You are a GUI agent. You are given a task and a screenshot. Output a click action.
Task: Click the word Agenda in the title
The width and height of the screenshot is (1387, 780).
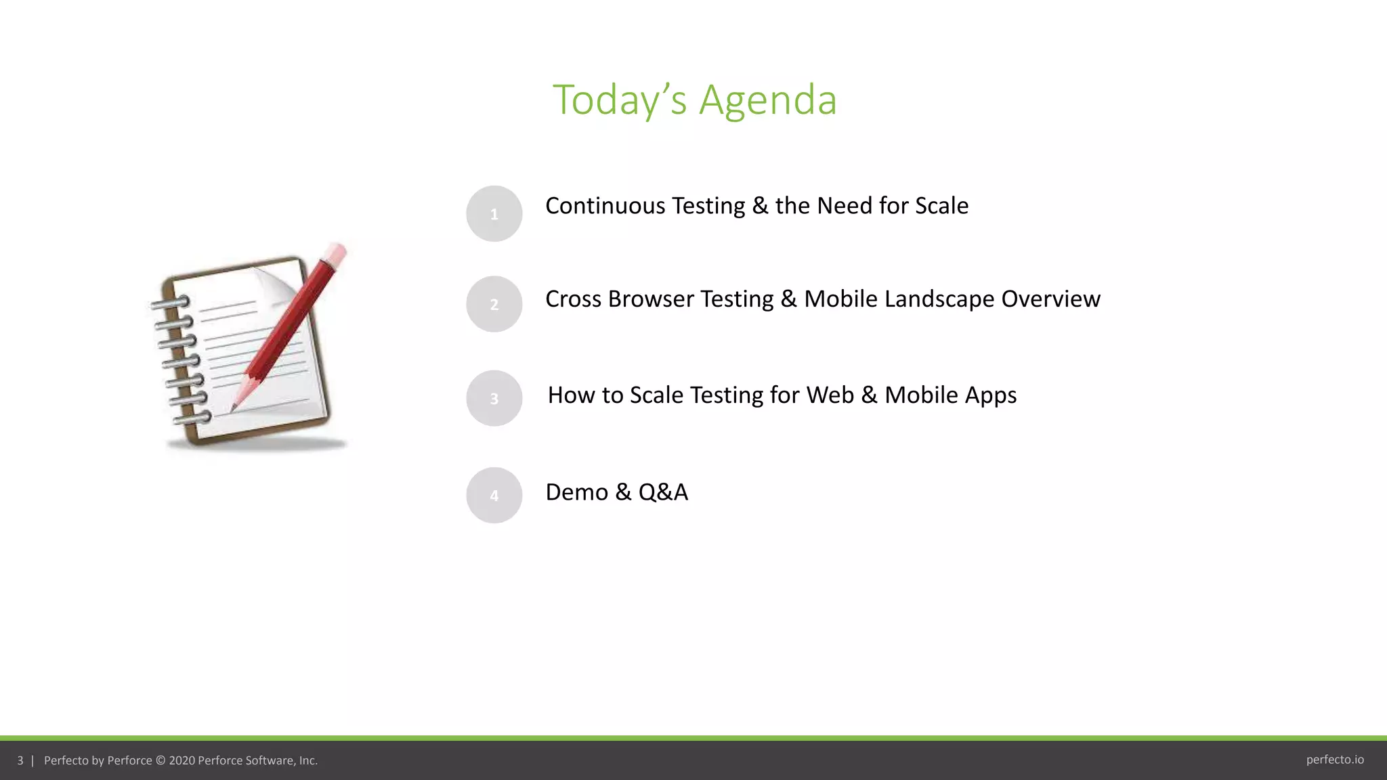click(767, 100)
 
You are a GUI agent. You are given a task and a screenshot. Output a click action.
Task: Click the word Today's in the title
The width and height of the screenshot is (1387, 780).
click(619, 100)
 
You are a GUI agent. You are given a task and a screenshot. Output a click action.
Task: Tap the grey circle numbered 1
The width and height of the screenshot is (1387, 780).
click(494, 214)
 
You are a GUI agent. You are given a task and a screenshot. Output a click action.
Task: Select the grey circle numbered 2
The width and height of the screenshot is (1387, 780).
click(494, 304)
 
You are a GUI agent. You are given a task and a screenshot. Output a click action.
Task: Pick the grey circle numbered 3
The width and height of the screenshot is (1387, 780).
click(494, 398)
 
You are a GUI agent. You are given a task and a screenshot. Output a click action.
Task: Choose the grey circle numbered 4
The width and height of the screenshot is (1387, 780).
click(494, 495)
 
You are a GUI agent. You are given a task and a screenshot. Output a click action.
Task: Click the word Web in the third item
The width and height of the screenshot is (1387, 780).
click(830, 395)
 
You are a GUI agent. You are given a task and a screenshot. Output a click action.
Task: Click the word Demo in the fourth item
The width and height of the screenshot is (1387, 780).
click(576, 492)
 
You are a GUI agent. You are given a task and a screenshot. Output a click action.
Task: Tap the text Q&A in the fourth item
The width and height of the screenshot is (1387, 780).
click(663, 492)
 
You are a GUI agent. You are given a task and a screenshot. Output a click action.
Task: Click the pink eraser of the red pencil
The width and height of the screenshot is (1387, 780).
click(336, 254)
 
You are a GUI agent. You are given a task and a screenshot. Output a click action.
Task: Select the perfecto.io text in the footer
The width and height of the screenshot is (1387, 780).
click(1334, 760)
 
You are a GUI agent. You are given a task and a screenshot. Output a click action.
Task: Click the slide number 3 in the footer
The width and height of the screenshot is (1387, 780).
click(20, 760)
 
